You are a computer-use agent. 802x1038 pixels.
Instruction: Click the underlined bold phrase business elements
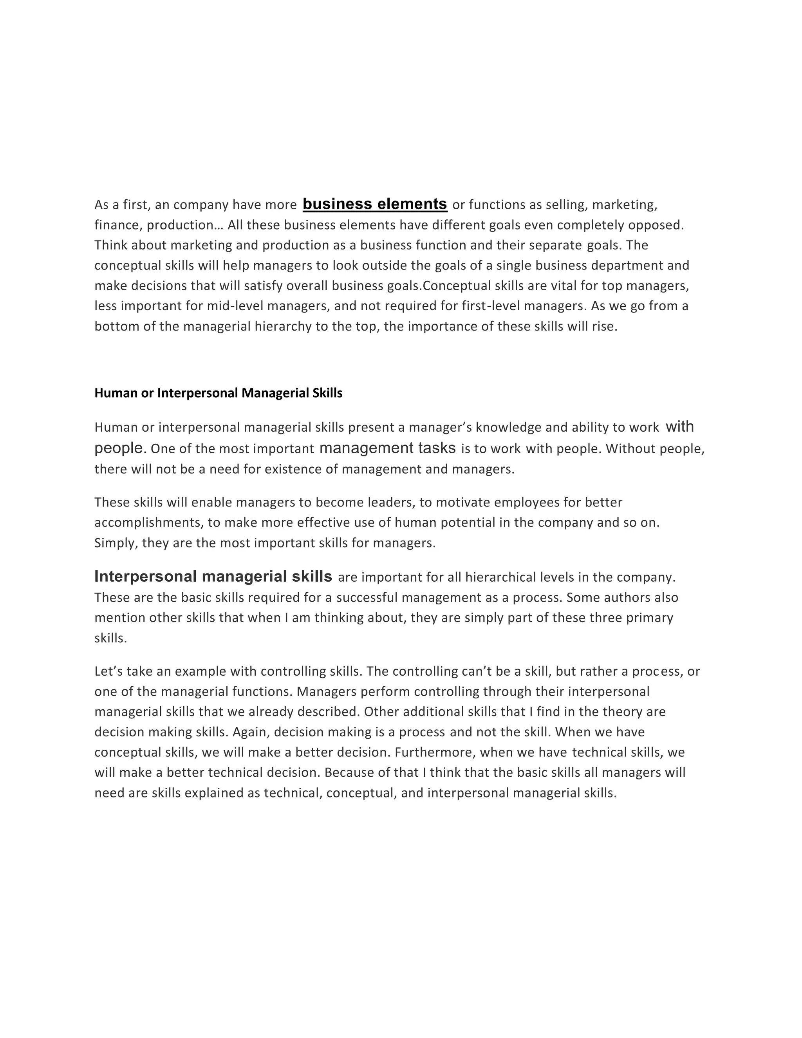[375, 204]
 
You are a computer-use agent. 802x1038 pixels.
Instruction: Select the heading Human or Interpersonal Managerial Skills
[218, 393]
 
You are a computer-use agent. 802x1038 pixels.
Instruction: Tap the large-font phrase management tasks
[387, 448]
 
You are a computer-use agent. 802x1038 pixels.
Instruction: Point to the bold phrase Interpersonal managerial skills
[213, 577]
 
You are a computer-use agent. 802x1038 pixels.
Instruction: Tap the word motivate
[463, 503]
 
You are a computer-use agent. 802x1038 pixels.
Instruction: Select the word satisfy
[263, 286]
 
